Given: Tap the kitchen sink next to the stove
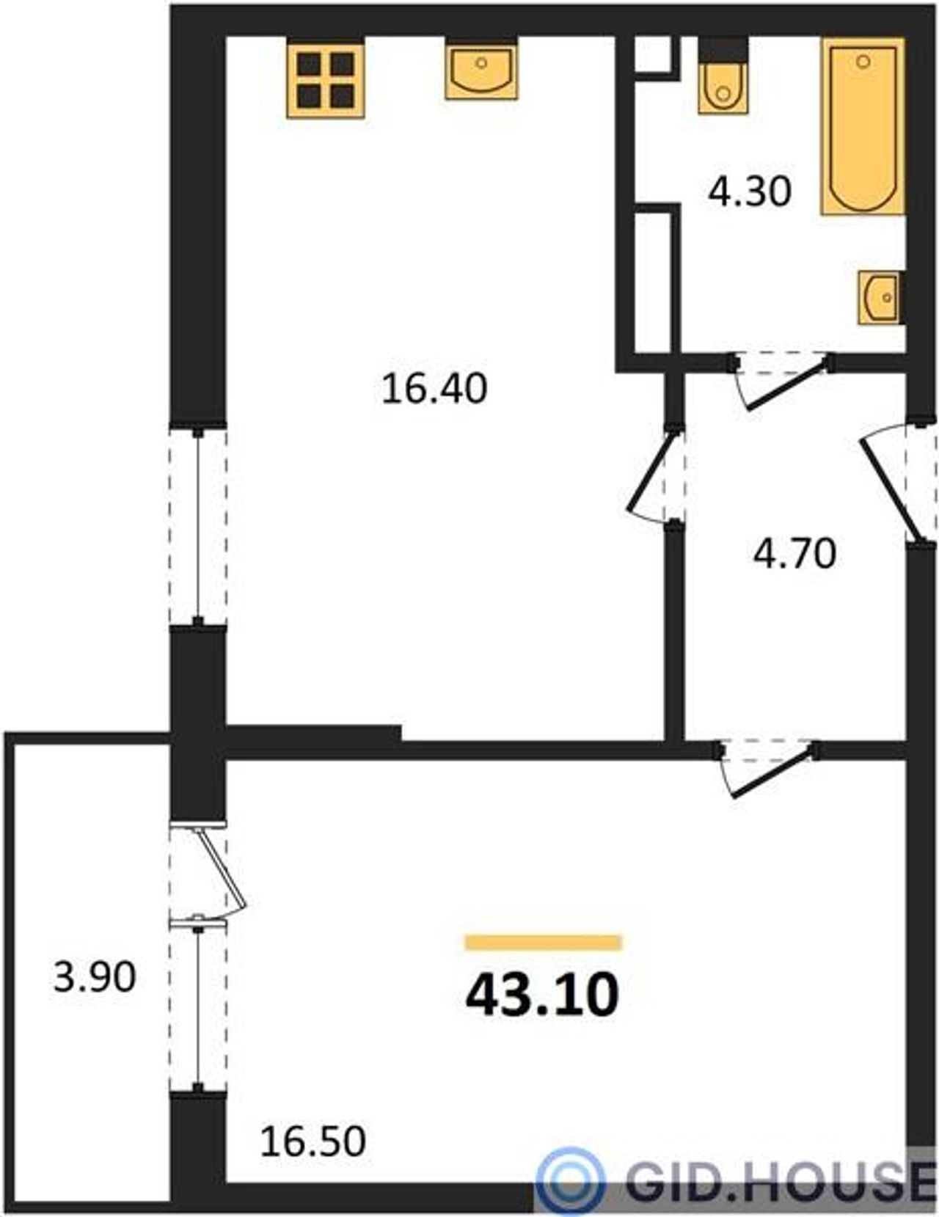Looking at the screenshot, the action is coord(481,70).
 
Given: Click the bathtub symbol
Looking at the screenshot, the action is coord(862,127).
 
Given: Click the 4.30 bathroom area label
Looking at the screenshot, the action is coord(750,193).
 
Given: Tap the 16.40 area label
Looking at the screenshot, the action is coord(434,389).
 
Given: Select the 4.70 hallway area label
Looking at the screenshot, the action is coord(794,554).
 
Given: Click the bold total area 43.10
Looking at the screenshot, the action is coord(542,993).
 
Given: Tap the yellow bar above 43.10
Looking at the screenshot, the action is coord(543,943).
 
